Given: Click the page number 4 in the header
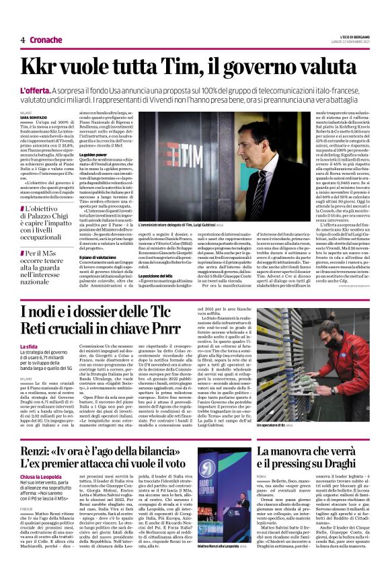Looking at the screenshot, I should coord(22,40).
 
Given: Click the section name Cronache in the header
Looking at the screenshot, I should coord(45,40).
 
